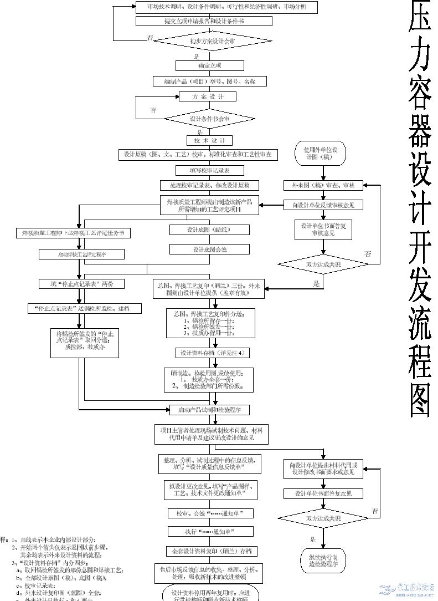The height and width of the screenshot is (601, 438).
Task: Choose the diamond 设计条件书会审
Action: point(210,119)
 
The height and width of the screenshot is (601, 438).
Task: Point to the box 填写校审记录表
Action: point(202,170)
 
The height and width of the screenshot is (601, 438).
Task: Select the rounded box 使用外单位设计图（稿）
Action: point(320,153)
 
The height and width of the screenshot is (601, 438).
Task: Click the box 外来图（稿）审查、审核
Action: point(323,185)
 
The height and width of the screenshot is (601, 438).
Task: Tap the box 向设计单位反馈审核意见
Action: point(323,205)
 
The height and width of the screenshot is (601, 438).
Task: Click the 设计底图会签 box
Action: point(210,249)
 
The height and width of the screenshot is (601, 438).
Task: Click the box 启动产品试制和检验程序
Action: point(209,410)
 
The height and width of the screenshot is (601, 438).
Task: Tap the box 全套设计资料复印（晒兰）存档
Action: point(210,551)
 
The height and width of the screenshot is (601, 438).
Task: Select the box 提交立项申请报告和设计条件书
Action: point(204,21)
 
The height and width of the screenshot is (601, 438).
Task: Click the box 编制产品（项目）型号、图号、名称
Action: point(210,82)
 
